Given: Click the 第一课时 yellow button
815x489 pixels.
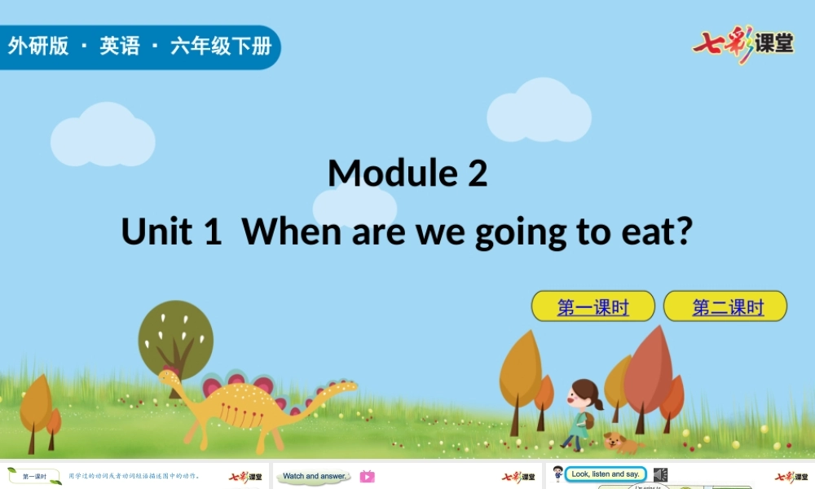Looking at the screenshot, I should coord(593,306).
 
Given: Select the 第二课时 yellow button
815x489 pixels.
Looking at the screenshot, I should coord(725,306).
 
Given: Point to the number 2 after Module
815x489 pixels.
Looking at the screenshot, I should coord(478,173).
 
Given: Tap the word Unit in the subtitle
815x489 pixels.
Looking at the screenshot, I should coord(157,231).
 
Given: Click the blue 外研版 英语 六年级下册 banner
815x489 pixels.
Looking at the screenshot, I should coord(139,46).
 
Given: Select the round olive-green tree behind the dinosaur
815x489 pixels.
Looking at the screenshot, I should coord(175,334).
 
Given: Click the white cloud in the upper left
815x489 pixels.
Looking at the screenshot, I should coord(103,136).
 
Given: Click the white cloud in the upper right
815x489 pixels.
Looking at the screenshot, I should coord(539,112).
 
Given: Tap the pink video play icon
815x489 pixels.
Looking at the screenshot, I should coord(367,477).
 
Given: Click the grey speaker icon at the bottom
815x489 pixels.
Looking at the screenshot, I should coord(660,475).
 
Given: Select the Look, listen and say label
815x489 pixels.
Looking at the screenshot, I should coord(605,474).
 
